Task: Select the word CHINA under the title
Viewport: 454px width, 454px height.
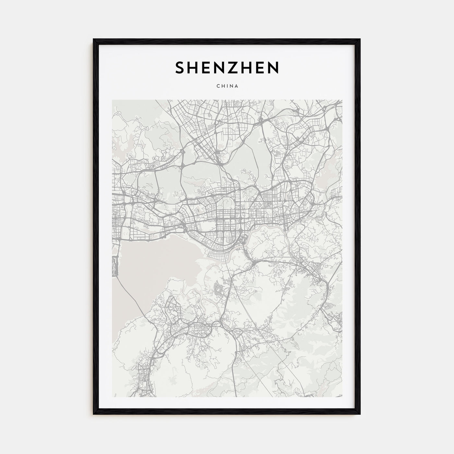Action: (227, 86)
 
